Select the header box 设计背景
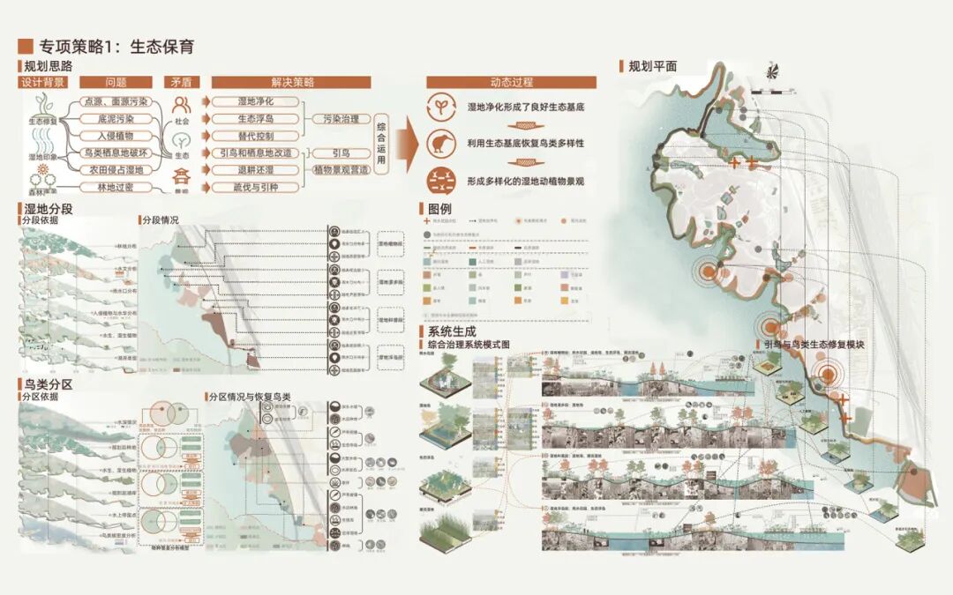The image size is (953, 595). [x=43, y=83]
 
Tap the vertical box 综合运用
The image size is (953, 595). [x=381, y=145]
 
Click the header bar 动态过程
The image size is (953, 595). [x=511, y=83]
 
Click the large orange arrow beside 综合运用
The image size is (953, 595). [x=406, y=144]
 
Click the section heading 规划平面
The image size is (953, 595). [x=652, y=67]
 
